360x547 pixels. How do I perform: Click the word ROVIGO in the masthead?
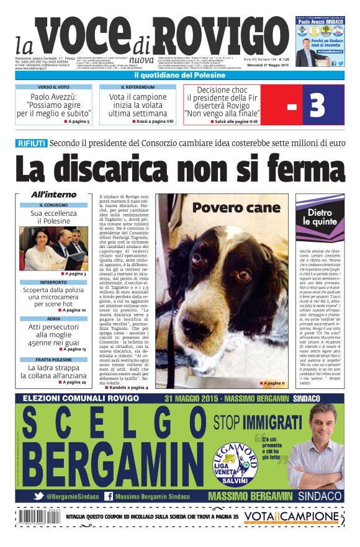tap(210, 38)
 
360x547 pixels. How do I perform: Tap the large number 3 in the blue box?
tap(317, 105)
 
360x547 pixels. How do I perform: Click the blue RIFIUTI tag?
tap(31, 143)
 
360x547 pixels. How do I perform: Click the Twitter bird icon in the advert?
tap(38, 496)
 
